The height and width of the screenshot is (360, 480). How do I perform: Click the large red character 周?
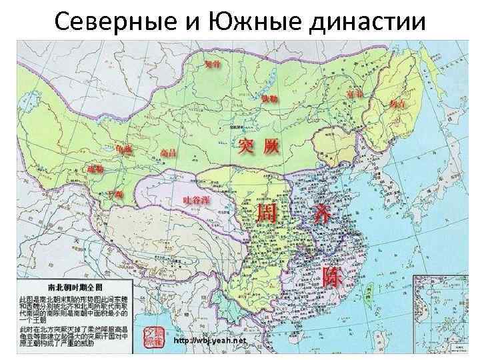pyautogui.click(x=263, y=215)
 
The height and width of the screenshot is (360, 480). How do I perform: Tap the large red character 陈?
pyautogui.click(x=331, y=277)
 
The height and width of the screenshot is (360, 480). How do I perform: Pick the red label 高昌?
pyautogui.click(x=169, y=153)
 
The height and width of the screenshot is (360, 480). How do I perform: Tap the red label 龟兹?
pyautogui.click(x=124, y=149)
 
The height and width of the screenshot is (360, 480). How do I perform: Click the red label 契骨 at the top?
pyautogui.click(x=213, y=65)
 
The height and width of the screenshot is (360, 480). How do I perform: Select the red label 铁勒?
pyautogui.click(x=269, y=99)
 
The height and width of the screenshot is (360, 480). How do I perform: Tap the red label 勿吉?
pyautogui.click(x=398, y=104)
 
